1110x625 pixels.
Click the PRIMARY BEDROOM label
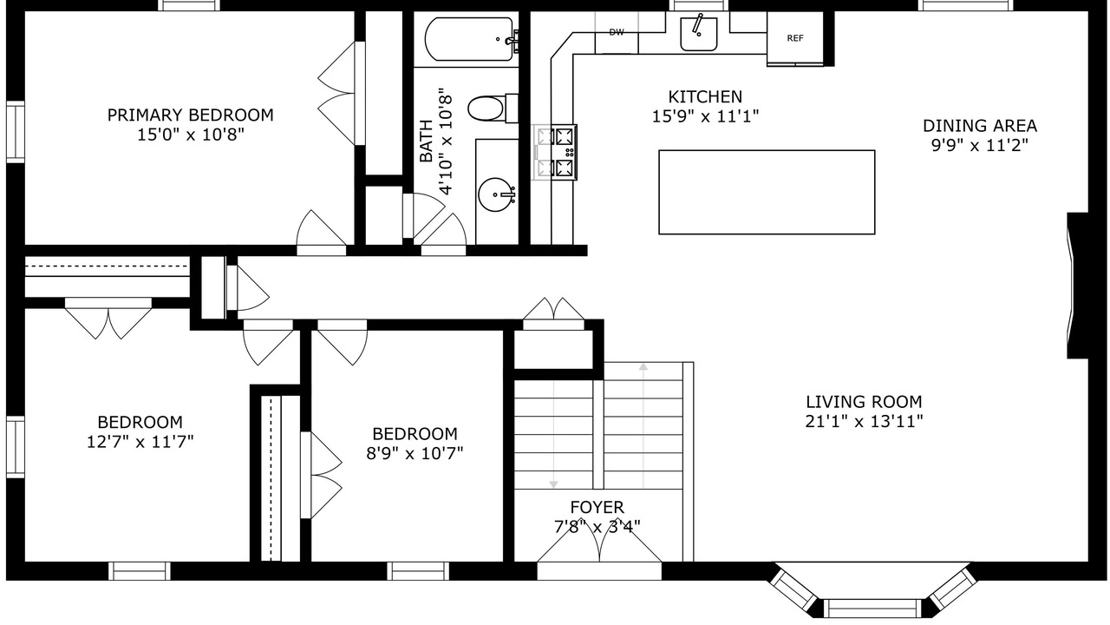(190, 115)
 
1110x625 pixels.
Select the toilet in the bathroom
(493, 109)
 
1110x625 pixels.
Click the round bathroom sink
(496, 194)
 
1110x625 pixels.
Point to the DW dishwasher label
(617, 32)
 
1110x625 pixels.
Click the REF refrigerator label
(795, 38)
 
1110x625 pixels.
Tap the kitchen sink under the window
(699, 34)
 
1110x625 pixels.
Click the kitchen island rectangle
(767, 192)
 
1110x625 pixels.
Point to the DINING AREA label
(980, 126)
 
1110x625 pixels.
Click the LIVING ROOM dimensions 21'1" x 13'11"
(864, 422)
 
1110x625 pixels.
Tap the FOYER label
(597, 508)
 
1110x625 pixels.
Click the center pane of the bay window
(872, 608)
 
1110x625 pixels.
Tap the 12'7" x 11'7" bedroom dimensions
(140, 442)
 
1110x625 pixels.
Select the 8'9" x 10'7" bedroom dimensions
(415, 453)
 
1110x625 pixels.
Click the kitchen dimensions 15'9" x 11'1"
(705, 116)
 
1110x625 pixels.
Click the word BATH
(426, 141)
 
